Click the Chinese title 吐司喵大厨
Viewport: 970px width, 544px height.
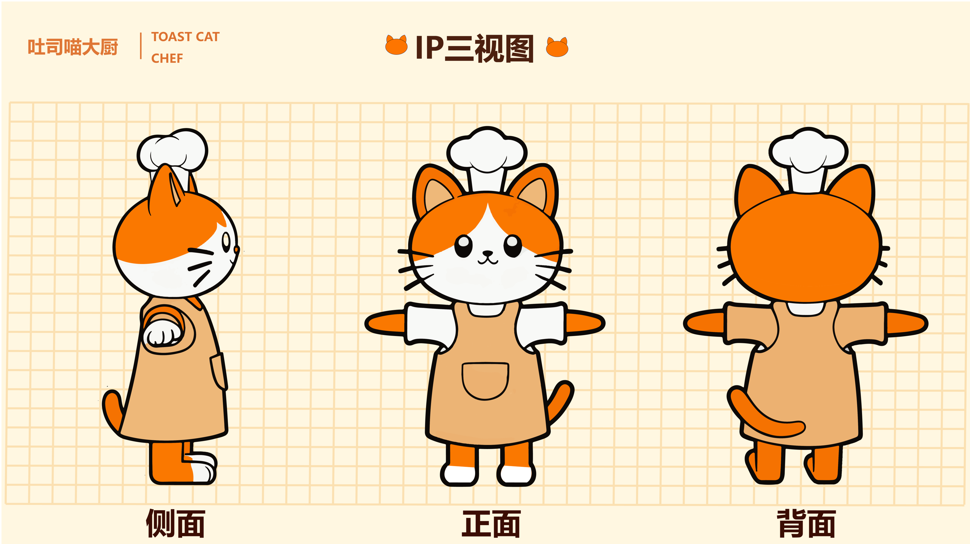(73, 47)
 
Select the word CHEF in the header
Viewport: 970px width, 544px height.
(167, 58)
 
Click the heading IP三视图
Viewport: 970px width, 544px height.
(474, 48)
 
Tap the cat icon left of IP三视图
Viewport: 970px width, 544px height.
(396, 45)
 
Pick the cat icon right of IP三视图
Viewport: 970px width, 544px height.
(557, 47)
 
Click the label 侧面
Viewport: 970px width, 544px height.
(175, 523)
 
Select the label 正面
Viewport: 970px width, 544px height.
(491, 523)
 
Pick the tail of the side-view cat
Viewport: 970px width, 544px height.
(112, 413)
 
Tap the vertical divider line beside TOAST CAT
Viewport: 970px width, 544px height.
(141, 46)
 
